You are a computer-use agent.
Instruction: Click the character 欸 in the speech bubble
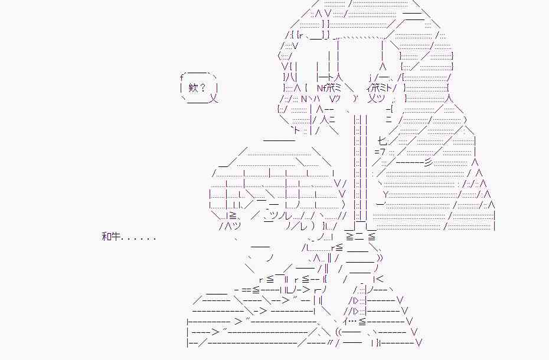pyautogui.click(x=194, y=89)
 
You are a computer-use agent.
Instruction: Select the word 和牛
pyautogui.click(x=111, y=237)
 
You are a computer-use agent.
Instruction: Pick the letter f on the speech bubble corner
pyautogui.click(x=182, y=77)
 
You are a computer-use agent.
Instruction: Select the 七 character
pyautogui.click(x=382, y=141)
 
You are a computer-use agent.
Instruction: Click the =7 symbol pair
pyautogui.click(x=380, y=152)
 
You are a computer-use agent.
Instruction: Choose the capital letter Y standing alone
pyautogui.click(x=385, y=195)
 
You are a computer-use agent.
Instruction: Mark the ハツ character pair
pyautogui.click(x=230, y=227)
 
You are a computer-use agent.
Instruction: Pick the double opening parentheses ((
pyautogui.click(x=341, y=332)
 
